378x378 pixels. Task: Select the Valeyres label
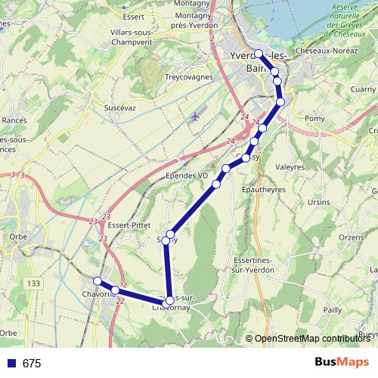click(x=290, y=167)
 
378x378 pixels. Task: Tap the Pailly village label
click(x=333, y=310)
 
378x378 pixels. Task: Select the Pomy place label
click(x=314, y=119)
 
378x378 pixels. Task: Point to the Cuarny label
click(x=363, y=88)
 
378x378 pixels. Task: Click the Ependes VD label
click(x=187, y=175)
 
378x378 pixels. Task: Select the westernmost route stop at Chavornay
click(x=97, y=281)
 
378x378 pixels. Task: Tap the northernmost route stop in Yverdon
click(x=259, y=53)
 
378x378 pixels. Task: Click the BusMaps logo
click(x=342, y=363)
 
